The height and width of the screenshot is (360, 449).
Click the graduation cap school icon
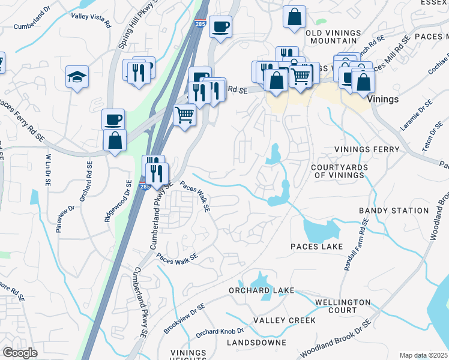coord(77,77)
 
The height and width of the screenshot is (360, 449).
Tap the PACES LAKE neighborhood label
coord(316,247)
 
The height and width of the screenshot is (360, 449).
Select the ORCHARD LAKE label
coord(261,290)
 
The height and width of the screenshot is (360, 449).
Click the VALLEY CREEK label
coord(284,320)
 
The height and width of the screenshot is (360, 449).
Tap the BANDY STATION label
coord(394,211)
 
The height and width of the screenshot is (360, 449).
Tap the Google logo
coord(20,353)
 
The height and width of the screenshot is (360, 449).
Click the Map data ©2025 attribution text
coord(423,355)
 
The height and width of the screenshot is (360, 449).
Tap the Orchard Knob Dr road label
coord(220,332)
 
